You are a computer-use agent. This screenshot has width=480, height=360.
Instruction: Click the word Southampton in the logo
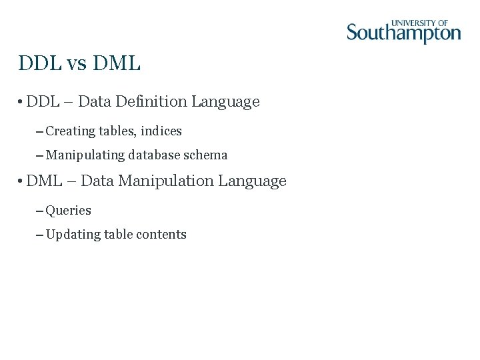click(403, 33)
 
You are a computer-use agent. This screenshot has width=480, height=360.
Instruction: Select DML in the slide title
click(117, 64)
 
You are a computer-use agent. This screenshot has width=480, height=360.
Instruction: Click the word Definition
click(151, 102)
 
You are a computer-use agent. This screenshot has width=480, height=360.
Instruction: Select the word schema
click(205, 155)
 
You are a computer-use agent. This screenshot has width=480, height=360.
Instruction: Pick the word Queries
click(68, 211)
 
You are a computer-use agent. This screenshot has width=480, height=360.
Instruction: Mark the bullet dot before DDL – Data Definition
click(21, 103)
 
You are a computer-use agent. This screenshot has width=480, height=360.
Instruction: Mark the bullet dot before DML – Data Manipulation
click(21, 181)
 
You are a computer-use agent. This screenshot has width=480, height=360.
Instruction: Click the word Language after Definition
click(225, 102)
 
